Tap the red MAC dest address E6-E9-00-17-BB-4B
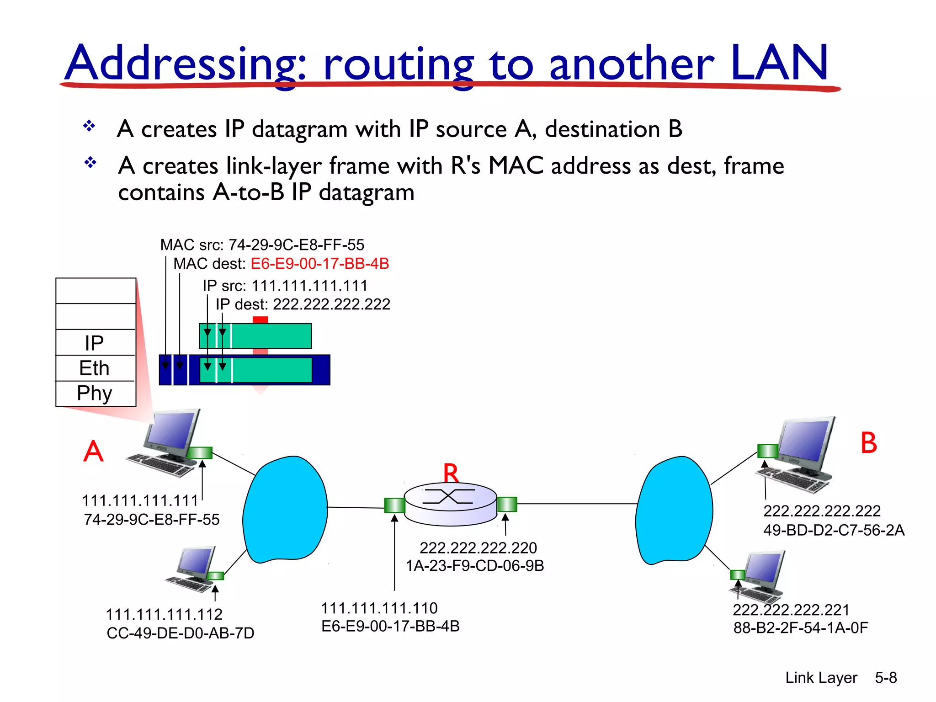tap(320, 264)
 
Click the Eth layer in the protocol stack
tap(95, 368)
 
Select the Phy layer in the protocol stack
tap(95, 394)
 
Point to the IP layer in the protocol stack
tap(95, 343)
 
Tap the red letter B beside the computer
tap(868, 443)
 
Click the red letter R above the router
tap(451, 473)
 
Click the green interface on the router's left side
tap(394, 505)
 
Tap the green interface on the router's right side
tap(506, 504)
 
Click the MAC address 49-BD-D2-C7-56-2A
tap(834, 530)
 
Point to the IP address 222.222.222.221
tap(791, 610)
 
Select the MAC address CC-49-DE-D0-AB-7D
tap(180, 633)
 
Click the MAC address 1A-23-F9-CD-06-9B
tap(475, 566)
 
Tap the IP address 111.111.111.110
tap(379, 608)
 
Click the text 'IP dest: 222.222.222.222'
tap(303, 304)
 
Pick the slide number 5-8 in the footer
tap(886, 677)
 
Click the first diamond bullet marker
tap(89, 126)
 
